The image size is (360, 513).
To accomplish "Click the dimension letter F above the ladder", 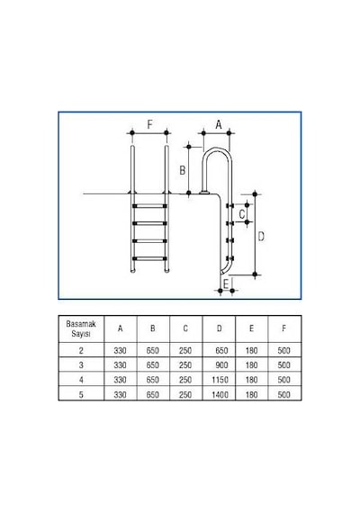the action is coord(149,124).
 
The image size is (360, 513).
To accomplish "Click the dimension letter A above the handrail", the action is coord(219,125).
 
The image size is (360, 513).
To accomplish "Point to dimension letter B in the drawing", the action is coord(183,170).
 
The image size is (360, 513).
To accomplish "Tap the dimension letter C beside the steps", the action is coord(242,214).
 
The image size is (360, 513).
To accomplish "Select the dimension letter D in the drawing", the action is coord(261,236).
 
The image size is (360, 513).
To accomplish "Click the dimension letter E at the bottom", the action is coord(226,284).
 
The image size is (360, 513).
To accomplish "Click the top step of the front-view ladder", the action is coord(149,206).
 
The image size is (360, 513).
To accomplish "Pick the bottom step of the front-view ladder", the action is coord(149,258).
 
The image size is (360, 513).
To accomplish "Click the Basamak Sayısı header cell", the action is coord(81,328).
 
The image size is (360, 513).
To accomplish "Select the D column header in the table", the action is coord(219,328).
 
